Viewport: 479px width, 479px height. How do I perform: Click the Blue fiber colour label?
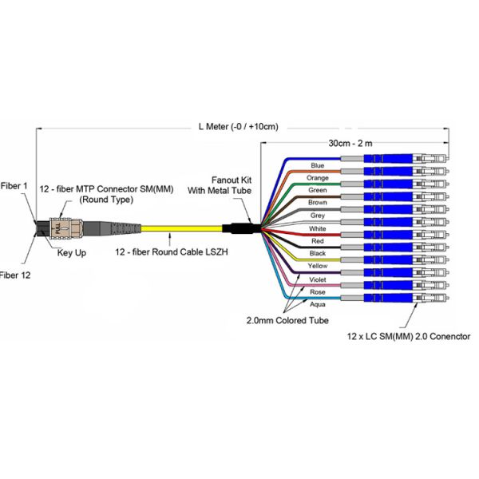click(318, 165)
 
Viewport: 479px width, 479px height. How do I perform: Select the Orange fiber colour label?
click(318, 178)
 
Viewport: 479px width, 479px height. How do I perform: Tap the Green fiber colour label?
click(318, 190)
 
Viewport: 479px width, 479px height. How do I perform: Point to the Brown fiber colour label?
click(318, 203)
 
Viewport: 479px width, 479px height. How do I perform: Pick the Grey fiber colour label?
click(318, 216)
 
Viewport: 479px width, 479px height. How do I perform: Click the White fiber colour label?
click(318, 228)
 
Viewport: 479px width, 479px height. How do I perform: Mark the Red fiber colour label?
click(318, 240)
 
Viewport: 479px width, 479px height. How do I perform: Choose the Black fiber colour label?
click(318, 253)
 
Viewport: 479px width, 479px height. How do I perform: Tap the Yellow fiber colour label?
click(318, 266)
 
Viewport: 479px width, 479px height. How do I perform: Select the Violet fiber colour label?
click(318, 279)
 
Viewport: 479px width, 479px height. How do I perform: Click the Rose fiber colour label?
click(318, 291)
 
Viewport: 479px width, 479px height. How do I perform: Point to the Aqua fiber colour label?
click(318, 303)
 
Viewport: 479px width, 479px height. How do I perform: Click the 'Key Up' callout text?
click(72, 253)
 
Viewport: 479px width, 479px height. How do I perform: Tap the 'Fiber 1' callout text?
click(14, 186)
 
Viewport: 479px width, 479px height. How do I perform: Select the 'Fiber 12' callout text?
click(14, 275)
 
